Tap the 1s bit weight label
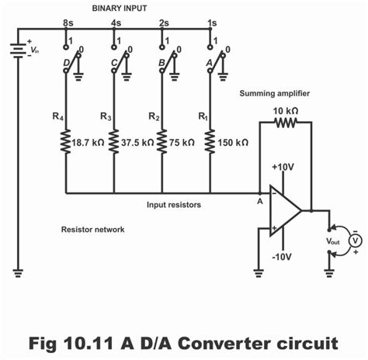click(211, 23)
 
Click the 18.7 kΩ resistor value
click(87, 143)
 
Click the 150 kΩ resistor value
click(233, 143)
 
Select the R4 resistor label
click(57, 116)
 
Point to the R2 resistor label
click(154, 116)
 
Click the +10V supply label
click(283, 167)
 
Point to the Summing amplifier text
click(275, 92)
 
